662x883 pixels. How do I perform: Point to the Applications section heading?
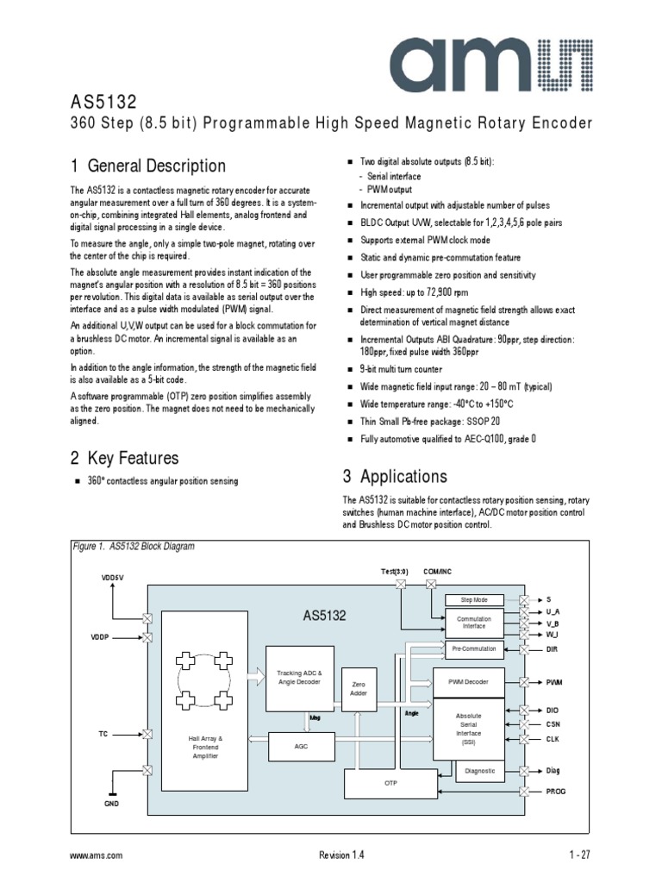click(395, 477)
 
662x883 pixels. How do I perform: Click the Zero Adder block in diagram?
click(359, 687)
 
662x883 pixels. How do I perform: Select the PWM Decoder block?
click(468, 682)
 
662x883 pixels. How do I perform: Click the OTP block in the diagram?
click(388, 784)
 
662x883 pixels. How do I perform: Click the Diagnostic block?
click(480, 771)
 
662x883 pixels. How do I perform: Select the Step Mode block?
click(474, 599)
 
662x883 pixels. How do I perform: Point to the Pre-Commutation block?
click(473, 648)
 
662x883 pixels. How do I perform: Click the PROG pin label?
click(557, 791)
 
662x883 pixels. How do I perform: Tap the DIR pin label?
click(553, 648)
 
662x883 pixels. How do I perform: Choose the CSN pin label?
click(553, 724)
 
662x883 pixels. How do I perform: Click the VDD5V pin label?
click(112, 577)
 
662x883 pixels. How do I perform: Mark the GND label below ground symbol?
click(111, 803)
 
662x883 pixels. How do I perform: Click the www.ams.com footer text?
click(96, 855)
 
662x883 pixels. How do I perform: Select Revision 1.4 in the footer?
click(341, 855)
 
